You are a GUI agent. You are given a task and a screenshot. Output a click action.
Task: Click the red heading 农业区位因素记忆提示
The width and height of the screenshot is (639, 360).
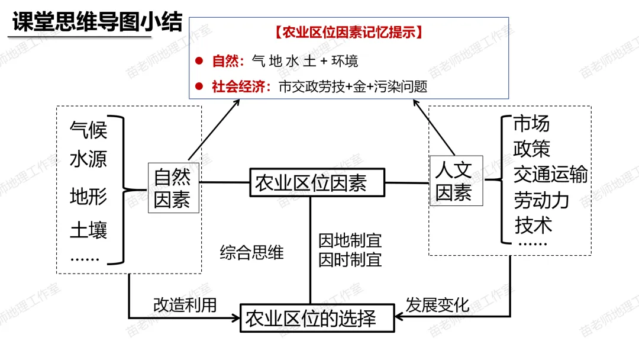[349, 33]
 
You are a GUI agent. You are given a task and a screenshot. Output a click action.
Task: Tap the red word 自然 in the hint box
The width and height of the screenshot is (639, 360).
[225, 61]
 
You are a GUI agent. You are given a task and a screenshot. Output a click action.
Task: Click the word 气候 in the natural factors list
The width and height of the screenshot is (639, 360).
[88, 129]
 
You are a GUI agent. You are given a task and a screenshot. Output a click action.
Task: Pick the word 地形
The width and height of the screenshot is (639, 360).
[88, 196]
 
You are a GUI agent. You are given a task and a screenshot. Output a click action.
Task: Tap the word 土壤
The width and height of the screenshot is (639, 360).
[88, 230]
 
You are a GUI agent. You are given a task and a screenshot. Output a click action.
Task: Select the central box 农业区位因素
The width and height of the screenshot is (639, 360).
[311, 182]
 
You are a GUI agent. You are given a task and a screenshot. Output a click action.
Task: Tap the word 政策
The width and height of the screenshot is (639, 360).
[531, 149]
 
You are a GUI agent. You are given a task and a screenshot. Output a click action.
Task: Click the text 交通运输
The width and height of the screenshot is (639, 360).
[550, 175]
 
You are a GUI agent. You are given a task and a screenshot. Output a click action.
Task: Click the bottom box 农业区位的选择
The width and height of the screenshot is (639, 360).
[311, 319]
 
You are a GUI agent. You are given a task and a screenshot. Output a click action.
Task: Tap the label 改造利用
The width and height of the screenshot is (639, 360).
[185, 305]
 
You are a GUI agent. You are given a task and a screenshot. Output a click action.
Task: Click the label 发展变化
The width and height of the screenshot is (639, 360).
[437, 305]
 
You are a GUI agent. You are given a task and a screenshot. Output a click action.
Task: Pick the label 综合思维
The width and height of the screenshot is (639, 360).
[252, 253]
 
